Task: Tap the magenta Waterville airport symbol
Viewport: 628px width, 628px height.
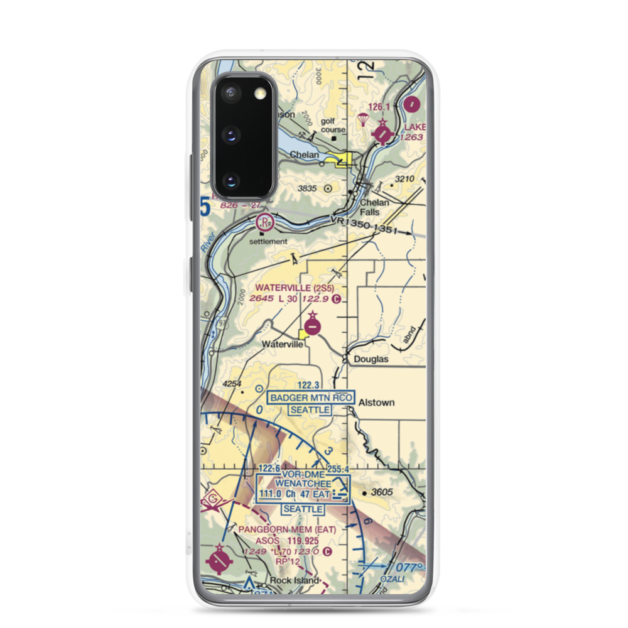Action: pos(313,326)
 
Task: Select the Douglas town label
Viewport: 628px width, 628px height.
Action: pos(371,360)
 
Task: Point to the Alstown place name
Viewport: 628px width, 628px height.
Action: pos(376,403)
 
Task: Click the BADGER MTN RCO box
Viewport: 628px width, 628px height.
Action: pos(311,398)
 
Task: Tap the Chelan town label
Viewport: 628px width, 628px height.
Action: pos(304,155)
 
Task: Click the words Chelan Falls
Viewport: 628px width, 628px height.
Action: pos(374,207)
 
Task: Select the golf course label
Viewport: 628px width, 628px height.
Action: pos(333,124)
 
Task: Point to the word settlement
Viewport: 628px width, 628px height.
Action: pos(268,241)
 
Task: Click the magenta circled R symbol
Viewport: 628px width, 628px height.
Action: pos(266,221)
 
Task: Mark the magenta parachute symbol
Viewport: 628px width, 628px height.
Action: pos(362,119)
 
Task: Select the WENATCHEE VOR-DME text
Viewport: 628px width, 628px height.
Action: pos(294,484)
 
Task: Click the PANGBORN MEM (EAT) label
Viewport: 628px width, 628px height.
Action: pos(287,529)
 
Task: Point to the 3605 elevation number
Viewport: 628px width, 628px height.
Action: pos(382,492)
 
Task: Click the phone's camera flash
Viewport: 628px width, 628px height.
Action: pos(259,94)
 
